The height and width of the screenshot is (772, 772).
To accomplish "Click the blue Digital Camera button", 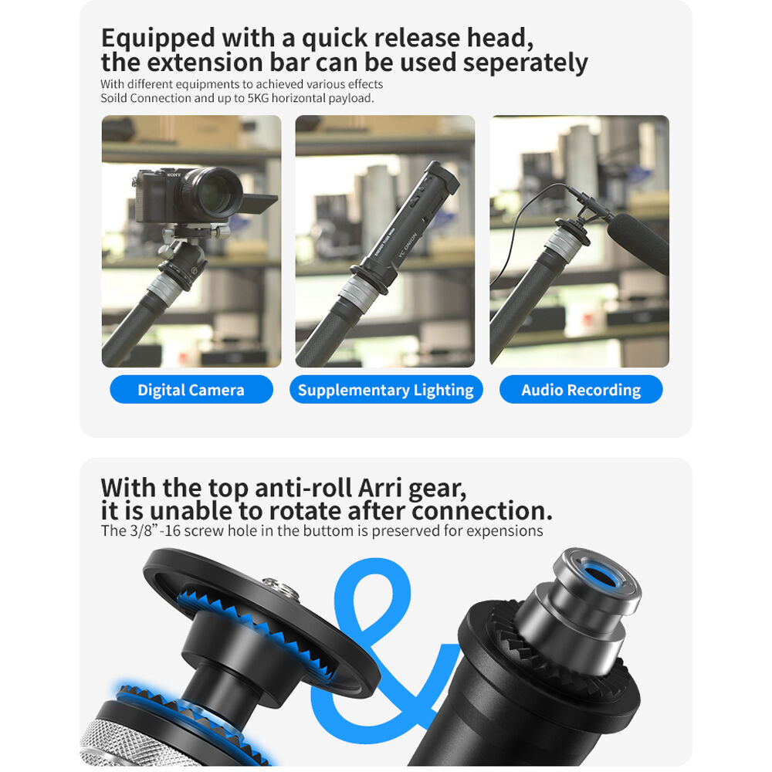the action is point(191,389).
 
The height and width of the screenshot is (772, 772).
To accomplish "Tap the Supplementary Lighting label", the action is point(385,389).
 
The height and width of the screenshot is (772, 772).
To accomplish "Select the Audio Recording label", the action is point(581,389).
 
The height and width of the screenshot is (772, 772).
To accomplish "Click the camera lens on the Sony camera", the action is point(215,193).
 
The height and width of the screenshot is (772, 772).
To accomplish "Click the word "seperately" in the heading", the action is point(525,63).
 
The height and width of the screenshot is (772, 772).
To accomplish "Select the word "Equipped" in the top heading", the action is point(158,39).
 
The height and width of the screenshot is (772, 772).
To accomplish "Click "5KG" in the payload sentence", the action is point(258,98).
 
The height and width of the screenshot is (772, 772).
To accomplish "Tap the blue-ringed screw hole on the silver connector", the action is point(601,576).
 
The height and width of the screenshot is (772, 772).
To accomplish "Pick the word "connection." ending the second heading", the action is point(482,511).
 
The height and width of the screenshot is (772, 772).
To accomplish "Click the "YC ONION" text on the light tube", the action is point(408,245).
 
